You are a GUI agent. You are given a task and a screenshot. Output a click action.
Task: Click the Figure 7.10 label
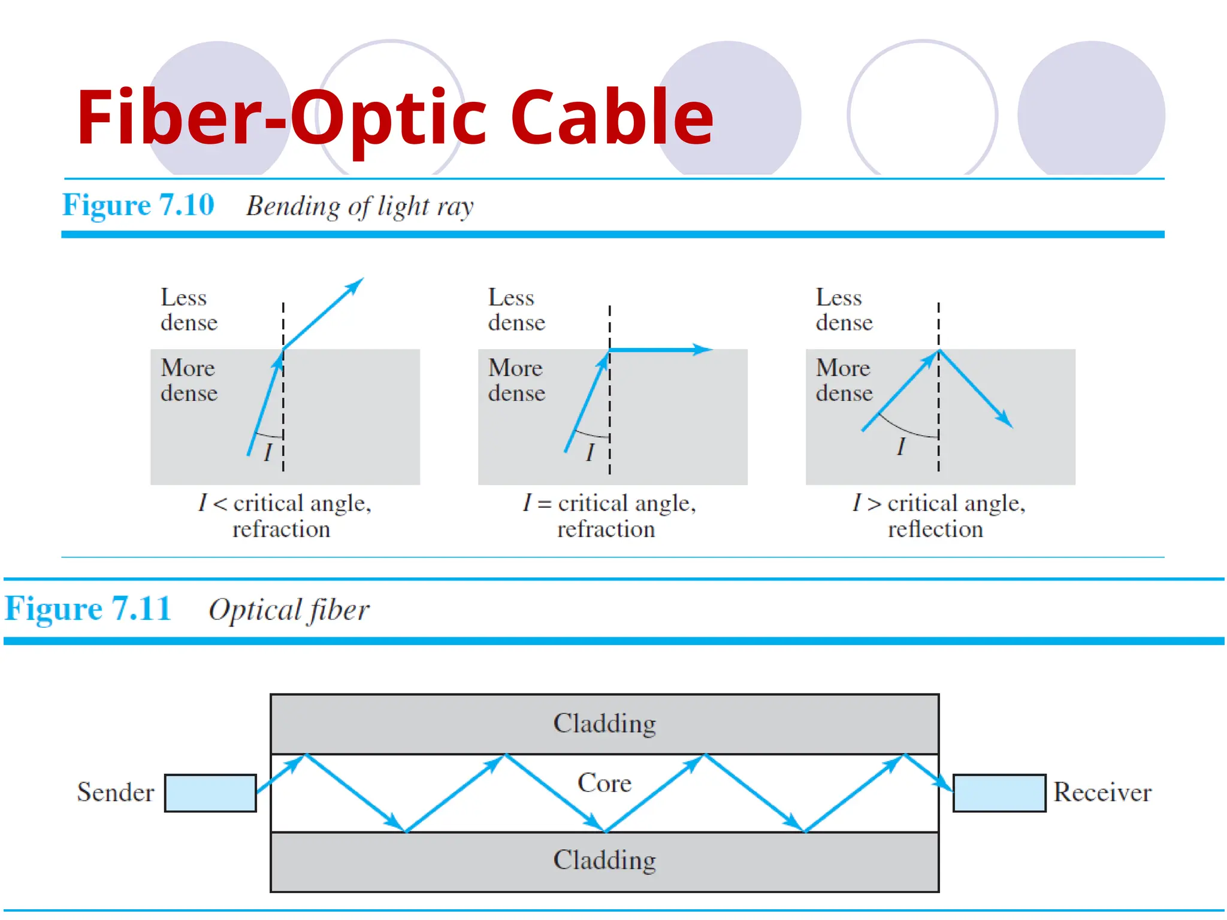point(138,205)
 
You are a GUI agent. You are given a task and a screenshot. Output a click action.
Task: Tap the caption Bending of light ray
point(359,207)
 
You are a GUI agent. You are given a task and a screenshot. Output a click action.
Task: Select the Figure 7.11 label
point(88,609)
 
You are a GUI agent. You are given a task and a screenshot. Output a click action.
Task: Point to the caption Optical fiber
point(289,610)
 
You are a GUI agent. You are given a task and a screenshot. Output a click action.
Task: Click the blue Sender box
point(210,793)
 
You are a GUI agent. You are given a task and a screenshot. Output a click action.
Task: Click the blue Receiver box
point(999,793)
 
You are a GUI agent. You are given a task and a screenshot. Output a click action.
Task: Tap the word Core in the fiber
point(604,783)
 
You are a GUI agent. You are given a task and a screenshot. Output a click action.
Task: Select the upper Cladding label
point(604,724)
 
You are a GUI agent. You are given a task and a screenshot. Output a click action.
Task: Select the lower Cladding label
point(604,860)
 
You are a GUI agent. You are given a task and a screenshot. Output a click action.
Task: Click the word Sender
point(116,792)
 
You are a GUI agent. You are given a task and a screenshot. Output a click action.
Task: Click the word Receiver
point(1102,792)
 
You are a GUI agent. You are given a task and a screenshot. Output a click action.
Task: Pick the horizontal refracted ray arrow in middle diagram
point(659,349)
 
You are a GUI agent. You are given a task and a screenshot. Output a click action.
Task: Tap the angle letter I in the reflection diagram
point(900,447)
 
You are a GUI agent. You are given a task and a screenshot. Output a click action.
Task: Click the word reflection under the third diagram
point(935,529)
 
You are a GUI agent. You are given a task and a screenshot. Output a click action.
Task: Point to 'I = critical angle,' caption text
point(609,503)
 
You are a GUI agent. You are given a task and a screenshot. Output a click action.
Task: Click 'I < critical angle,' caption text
point(285,503)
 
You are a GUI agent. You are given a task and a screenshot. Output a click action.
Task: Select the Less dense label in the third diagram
point(844,310)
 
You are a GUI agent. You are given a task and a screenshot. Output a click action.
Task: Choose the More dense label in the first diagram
point(189,380)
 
